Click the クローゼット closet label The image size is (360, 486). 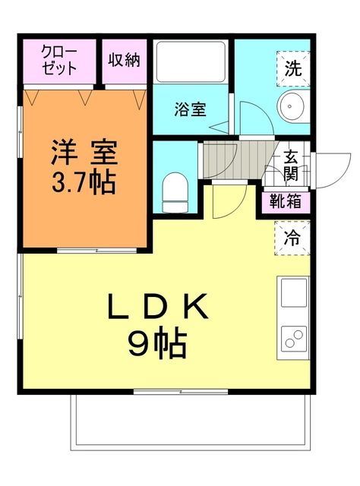(x=58, y=60)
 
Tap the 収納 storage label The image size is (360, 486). (x=123, y=59)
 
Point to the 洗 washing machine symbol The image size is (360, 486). (x=292, y=65)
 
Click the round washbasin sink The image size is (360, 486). (x=291, y=107)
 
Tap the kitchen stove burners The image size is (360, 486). (x=292, y=339)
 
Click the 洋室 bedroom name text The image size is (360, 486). (x=84, y=153)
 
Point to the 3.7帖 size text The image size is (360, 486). (x=84, y=182)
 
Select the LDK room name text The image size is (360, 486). (x=157, y=308)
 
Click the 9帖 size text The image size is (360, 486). (x=157, y=346)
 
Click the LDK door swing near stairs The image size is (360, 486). (x=227, y=200)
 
